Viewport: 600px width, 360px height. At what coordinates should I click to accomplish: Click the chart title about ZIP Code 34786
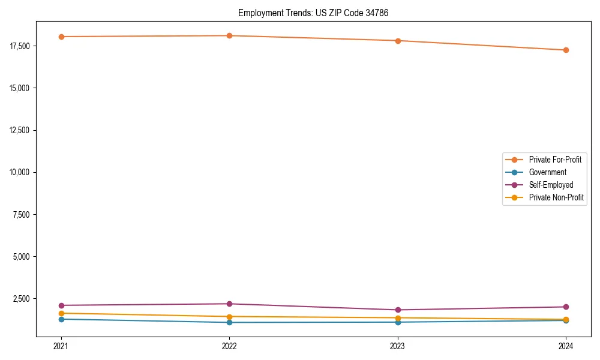pyautogui.click(x=313, y=13)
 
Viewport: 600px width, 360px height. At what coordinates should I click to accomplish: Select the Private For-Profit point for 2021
pyautogui.click(x=61, y=37)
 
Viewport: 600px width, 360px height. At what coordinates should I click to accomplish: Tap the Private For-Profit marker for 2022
pyautogui.click(x=229, y=35)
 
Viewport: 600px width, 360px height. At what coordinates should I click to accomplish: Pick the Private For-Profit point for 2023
pyautogui.click(x=398, y=41)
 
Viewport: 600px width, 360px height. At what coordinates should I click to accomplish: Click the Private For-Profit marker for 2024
pyautogui.click(x=566, y=50)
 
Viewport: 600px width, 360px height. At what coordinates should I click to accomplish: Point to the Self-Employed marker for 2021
pyautogui.click(x=61, y=305)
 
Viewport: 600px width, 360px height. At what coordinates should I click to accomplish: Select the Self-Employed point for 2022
pyautogui.click(x=229, y=304)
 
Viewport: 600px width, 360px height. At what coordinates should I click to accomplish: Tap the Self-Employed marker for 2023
pyautogui.click(x=398, y=310)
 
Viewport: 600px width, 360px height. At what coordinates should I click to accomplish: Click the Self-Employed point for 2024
pyautogui.click(x=566, y=307)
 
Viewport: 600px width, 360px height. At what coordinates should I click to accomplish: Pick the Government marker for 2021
pyautogui.click(x=61, y=319)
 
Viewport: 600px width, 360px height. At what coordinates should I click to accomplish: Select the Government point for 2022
pyautogui.click(x=229, y=322)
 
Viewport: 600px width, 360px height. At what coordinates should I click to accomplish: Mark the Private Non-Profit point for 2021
pyautogui.click(x=61, y=313)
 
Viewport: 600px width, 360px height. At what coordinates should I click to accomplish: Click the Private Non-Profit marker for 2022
pyautogui.click(x=229, y=316)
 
